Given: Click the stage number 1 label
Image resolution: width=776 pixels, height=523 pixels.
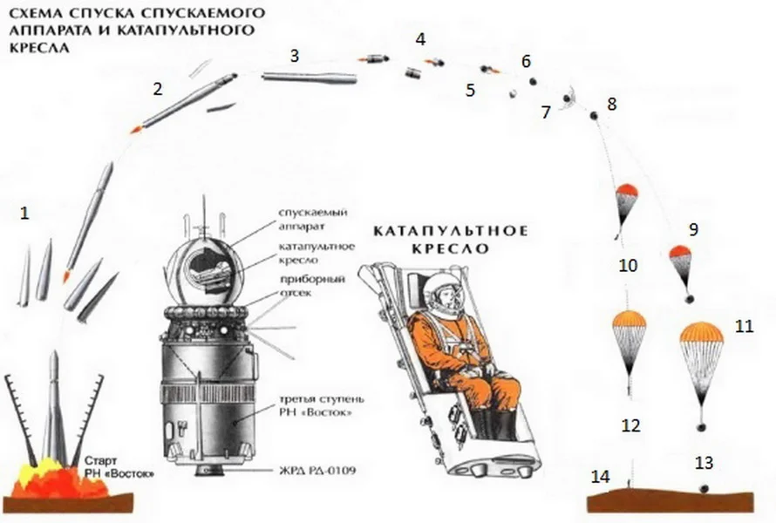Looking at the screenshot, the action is coord(24,214).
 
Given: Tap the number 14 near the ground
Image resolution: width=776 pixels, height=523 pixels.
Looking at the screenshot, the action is coord(601,477).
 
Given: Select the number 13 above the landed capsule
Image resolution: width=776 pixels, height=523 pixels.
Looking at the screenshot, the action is coord(704,463).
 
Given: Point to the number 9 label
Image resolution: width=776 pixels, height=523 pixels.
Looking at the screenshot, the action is coord(693,229).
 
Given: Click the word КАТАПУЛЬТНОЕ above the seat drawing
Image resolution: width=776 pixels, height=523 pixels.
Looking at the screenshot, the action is coord(451,232).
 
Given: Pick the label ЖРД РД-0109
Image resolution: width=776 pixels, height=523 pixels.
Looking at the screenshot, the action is coord(317,470).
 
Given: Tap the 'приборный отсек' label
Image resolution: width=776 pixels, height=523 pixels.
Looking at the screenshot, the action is coord(312,286).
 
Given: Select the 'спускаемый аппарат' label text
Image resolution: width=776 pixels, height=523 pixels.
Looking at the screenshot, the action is coord(313,219).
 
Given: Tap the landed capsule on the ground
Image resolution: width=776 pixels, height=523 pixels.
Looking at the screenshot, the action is coord(704,489).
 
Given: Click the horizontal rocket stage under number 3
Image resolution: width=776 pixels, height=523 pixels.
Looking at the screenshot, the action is coord(310,78).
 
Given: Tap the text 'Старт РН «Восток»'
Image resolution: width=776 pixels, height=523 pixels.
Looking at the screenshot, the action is coord(119,467).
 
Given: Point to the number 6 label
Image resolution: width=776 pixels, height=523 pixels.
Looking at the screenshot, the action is coord(526,61).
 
